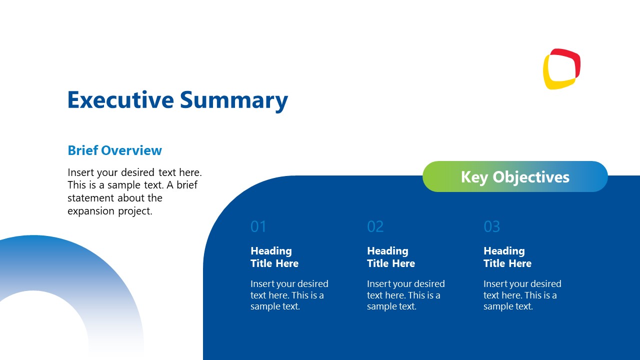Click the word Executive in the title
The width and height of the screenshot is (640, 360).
click(x=120, y=100)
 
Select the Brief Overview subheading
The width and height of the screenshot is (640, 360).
click(x=114, y=150)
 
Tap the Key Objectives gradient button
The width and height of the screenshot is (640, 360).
click(x=515, y=176)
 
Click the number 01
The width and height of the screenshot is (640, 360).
click(x=258, y=226)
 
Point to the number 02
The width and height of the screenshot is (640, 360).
click(x=375, y=226)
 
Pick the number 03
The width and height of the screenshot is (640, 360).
click(x=491, y=226)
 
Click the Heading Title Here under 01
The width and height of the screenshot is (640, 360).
click(x=274, y=257)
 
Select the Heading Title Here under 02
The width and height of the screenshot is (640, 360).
click(x=390, y=257)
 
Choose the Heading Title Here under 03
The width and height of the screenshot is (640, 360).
click(x=507, y=257)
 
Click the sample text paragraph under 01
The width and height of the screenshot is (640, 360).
click(x=289, y=295)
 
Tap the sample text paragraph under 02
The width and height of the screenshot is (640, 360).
click(x=405, y=295)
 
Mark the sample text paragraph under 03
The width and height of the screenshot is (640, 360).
click(x=522, y=295)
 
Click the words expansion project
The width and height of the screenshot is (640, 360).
click(x=110, y=211)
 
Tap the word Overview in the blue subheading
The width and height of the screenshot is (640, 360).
click(x=131, y=150)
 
